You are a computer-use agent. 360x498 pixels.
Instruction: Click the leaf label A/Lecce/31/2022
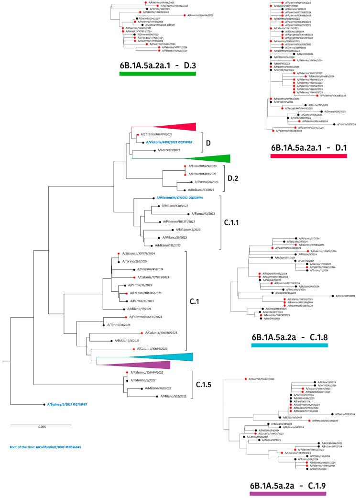click(x=172, y=150)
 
